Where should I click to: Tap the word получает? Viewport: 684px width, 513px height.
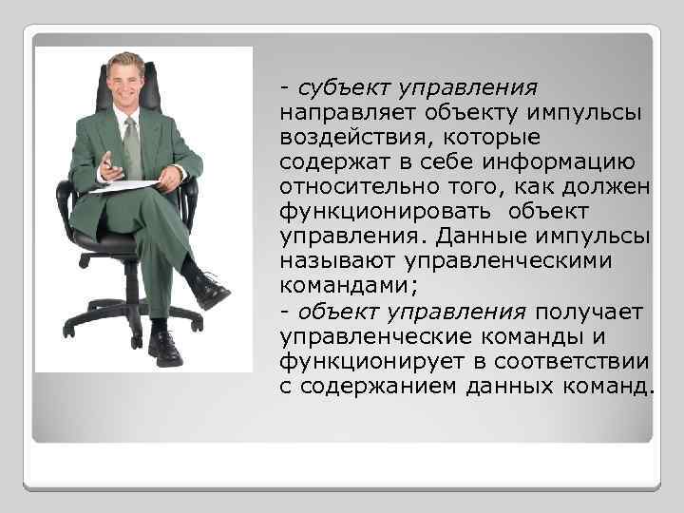[x=590, y=313]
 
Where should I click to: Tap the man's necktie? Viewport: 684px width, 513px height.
[x=132, y=147]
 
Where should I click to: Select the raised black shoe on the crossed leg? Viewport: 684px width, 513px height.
[x=210, y=290]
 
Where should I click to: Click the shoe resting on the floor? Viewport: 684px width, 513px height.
[x=164, y=349]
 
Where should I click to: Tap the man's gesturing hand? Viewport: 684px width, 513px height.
[x=110, y=164]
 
